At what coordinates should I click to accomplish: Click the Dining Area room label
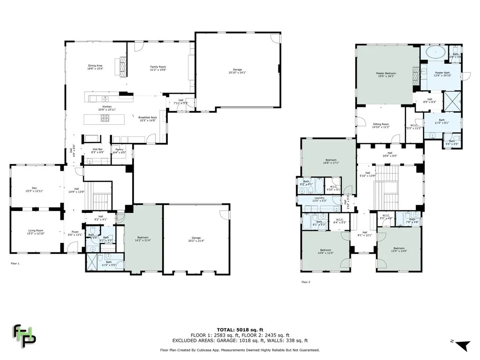[95, 67]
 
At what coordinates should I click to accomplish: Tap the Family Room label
[158, 68]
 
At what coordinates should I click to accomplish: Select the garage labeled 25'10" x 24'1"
[237, 71]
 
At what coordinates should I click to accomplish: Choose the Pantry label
[119, 150]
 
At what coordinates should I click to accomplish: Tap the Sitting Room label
[381, 125]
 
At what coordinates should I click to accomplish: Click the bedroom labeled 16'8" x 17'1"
[329, 161]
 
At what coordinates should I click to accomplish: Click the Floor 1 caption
[15, 264]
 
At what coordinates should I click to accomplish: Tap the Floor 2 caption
[306, 282]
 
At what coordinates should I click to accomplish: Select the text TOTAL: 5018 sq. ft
[240, 330]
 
